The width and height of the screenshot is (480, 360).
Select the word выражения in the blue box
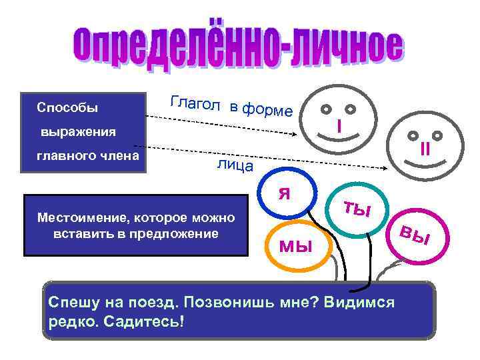tap(77, 132)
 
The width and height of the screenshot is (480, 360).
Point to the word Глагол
tap(195, 103)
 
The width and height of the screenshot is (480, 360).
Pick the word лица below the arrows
tap(235, 165)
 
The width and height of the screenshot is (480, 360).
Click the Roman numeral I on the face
tap(339, 125)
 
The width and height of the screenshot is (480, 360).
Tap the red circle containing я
tap(285, 193)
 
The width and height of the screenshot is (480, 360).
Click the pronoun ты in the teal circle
tap(357, 209)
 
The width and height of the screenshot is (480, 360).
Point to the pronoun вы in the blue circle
tap(415, 235)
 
